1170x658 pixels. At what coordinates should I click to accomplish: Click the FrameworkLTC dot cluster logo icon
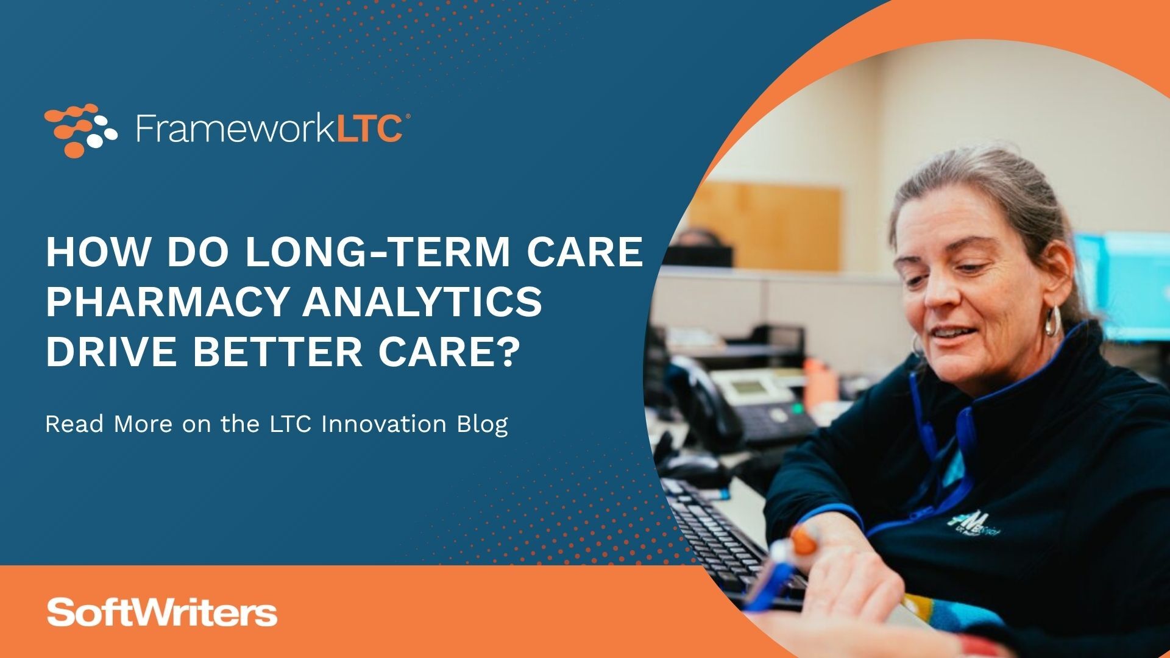(80, 130)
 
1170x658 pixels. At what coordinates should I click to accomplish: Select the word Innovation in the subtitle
(383, 424)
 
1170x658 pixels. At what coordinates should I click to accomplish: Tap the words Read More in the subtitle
(108, 424)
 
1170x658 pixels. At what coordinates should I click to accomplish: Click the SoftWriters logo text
(162, 613)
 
